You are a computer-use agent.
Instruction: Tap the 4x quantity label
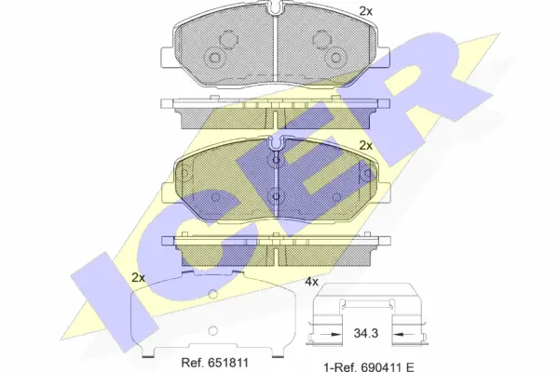coord(312,281)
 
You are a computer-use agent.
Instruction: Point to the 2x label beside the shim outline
coord(139,278)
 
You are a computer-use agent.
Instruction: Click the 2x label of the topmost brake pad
coord(366,10)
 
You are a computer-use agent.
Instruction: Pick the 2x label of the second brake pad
coord(366,145)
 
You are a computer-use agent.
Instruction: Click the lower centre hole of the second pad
coord(275,196)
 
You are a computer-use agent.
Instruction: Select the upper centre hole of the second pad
coord(275,162)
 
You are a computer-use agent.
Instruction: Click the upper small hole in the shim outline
coord(213,295)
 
